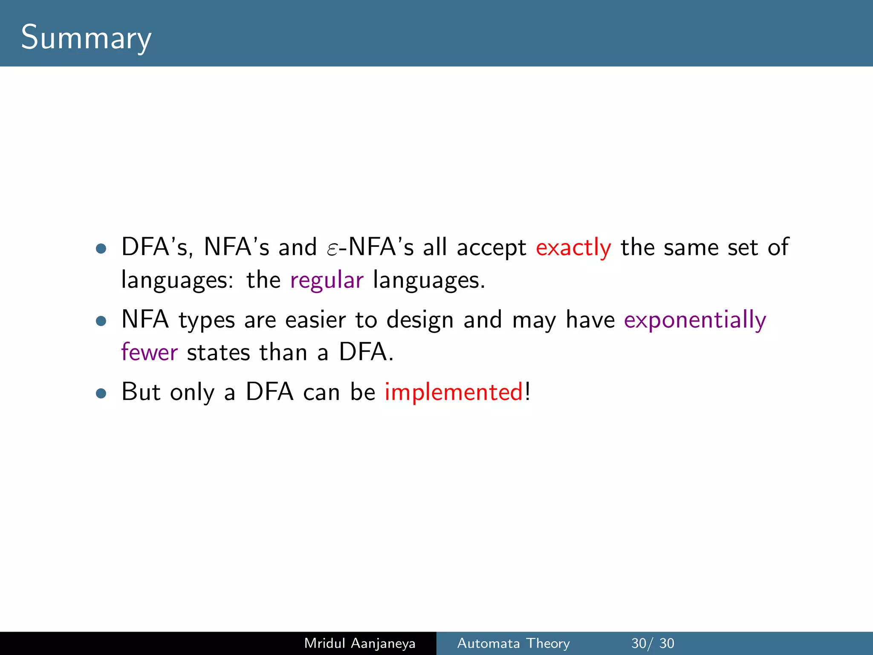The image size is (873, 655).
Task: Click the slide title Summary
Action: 86,38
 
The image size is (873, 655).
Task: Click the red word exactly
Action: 573,247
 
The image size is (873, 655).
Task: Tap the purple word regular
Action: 327,281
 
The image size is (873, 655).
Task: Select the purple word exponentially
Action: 695,320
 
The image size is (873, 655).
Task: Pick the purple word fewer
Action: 149,352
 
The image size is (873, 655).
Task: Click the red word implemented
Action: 454,392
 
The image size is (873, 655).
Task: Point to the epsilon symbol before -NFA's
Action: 332,249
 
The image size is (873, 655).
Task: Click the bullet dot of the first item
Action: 101,249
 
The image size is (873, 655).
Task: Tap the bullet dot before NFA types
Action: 101,321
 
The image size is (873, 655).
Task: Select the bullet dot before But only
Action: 101,393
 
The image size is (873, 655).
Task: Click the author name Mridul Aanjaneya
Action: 360,643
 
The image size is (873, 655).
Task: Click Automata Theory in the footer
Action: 513,643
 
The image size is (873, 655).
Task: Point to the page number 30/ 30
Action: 653,643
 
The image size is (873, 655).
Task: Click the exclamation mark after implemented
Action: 528,391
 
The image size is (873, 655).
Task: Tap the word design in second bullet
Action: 420,320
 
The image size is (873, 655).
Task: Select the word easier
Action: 315,320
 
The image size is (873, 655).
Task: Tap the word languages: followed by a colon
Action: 177,281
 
